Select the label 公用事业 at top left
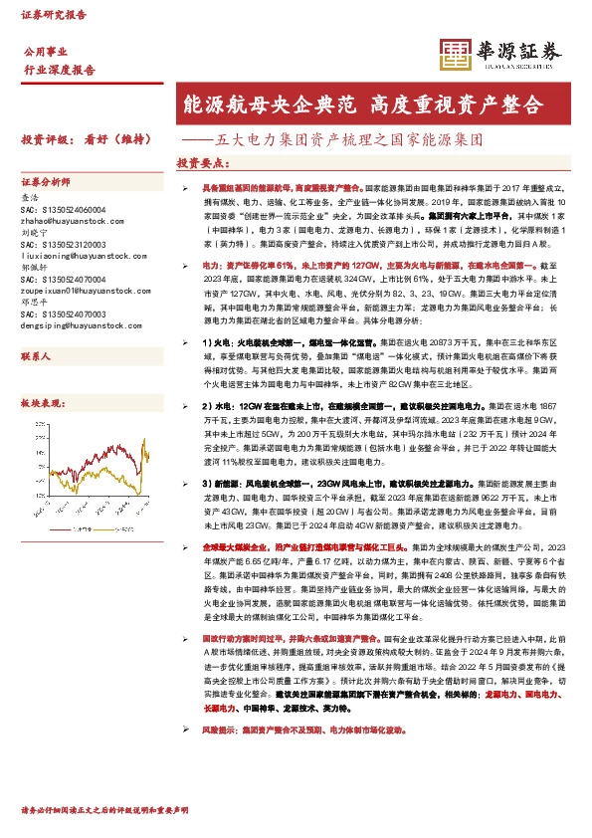(x=45, y=51)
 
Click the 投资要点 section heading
(x=204, y=162)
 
